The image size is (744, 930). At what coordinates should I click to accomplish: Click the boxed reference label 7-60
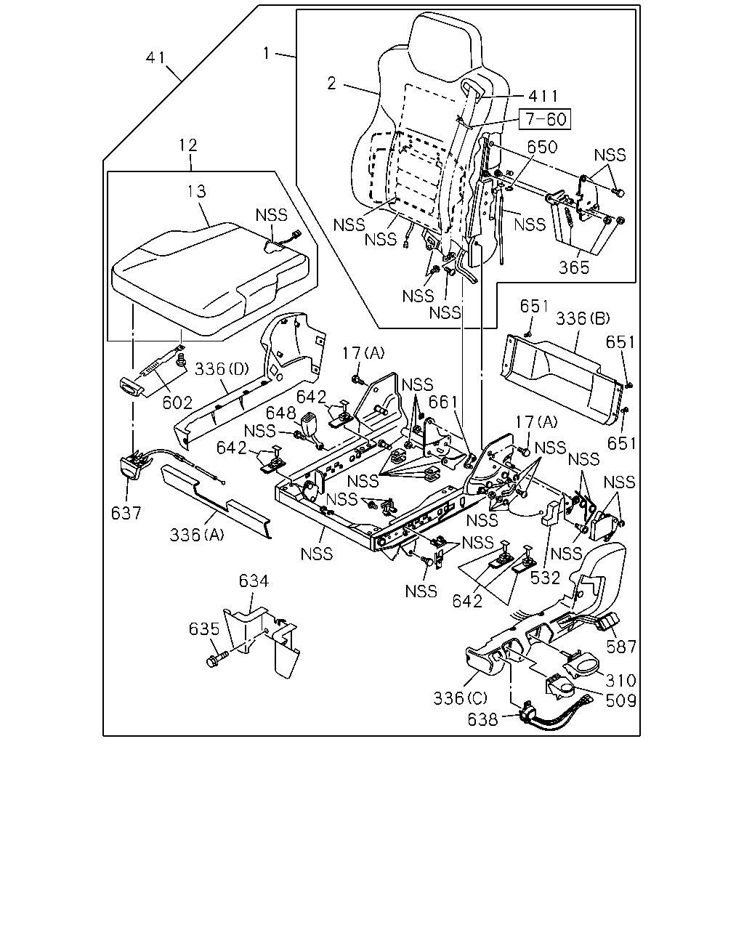pyautogui.click(x=544, y=119)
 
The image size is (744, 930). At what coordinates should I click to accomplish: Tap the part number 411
pyautogui.click(x=543, y=96)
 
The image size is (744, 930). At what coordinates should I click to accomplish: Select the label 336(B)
pyautogui.click(x=582, y=318)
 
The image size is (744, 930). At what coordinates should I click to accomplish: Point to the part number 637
pyautogui.click(x=126, y=513)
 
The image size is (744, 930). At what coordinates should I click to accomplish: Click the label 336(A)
pyautogui.click(x=197, y=535)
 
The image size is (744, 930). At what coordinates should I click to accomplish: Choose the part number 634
pyautogui.click(x=254, y=581)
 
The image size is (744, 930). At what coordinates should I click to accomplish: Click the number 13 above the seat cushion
pyautogui.click(x=197, y=191)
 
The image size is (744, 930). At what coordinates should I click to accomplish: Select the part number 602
pyautogui.click(x=177, y=403)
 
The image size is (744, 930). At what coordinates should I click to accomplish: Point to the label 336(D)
pyautogui.click(x=222, y=368)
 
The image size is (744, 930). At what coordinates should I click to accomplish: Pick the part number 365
pyautogui.click(x=574, y=267)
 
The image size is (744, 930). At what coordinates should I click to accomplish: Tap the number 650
pyautogui.click(x=542, y=147)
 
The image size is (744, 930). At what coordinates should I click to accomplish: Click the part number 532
pyautogui.click(x=545, y=578)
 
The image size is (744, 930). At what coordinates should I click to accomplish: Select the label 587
pyautogui.click(x=621, y=647)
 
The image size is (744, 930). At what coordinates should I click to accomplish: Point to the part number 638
pyautogui.click(x=482, y=719)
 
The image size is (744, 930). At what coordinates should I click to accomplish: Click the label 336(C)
pyautogui.click(x=461, y=698)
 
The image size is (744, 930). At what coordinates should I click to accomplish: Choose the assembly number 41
pyautogui.click(x=155, y=57)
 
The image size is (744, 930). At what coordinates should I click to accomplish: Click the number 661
pyautogui.click(x=442, y=403)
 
